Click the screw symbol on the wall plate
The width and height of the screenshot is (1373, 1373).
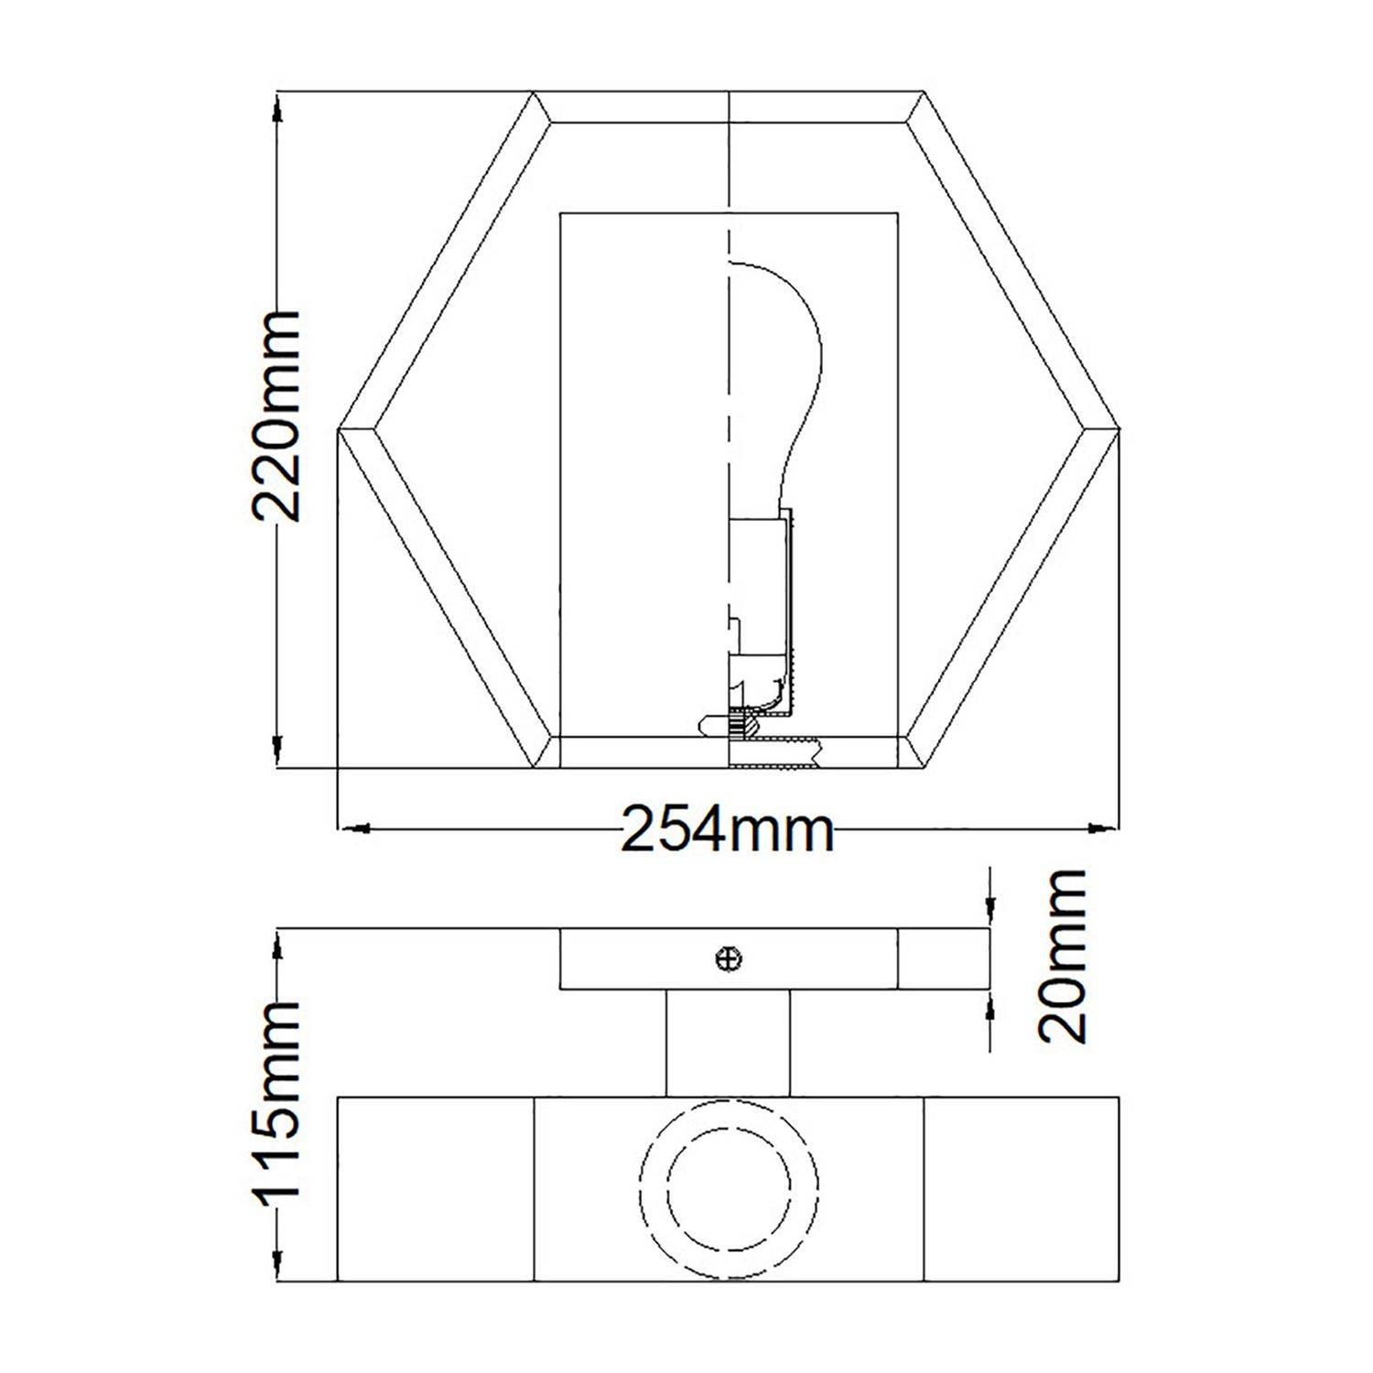click(x=729, y=958)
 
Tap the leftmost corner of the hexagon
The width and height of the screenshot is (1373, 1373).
click(x=341, y=428)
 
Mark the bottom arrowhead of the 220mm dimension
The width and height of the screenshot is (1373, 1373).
click(x=277, y=752)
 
